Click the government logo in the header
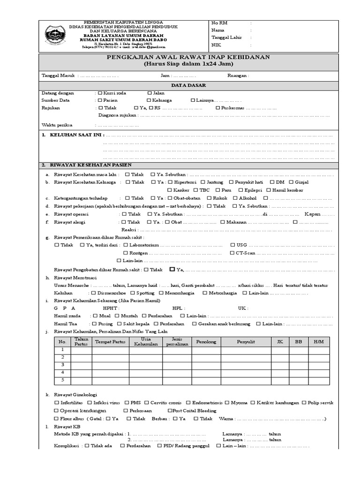coord(54,35)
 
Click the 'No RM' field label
coord(219,22)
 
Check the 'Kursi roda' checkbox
coord(100,93)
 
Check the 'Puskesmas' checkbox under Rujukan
coord(218,108)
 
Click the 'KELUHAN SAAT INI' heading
coord(75,135)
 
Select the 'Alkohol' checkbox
coord(235,198)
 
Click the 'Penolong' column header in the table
coord(206,342)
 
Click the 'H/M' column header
coord(318,342)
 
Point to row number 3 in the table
coord(62,365)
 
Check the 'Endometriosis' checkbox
coord(188,402)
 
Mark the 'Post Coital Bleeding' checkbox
coord(170,411)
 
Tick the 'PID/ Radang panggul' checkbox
coord(159,446)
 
